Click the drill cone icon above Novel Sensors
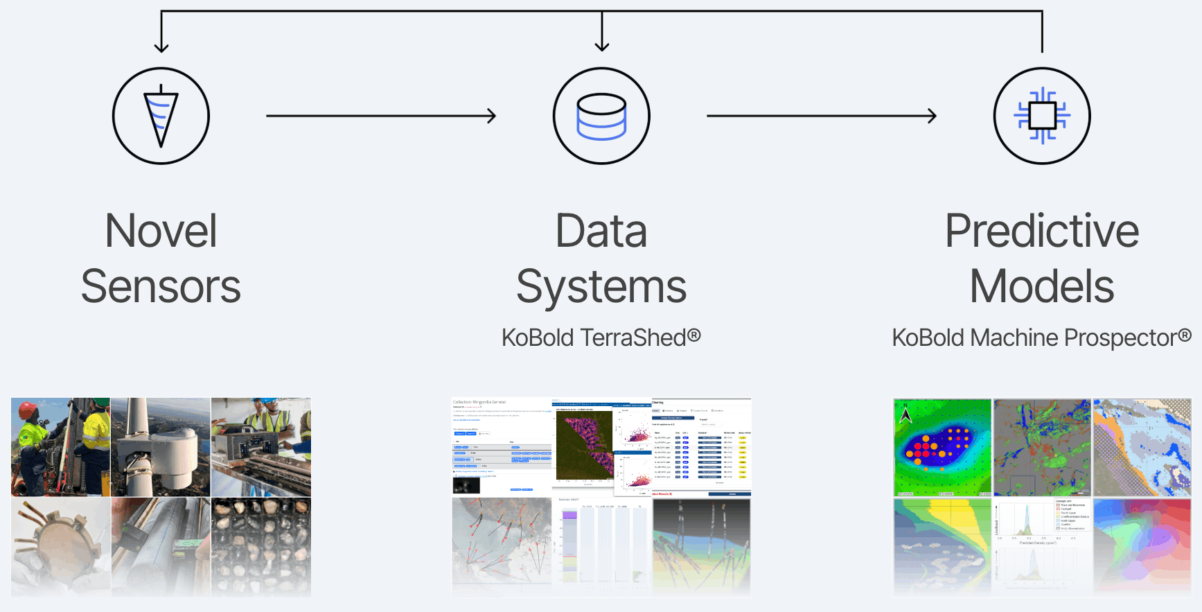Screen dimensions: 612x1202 coord(161,116)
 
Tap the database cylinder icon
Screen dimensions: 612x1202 coord(601,116)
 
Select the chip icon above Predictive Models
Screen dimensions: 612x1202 coord(1042,116)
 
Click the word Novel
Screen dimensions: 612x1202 coord(161,231)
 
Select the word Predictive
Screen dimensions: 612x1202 coord(1042,231)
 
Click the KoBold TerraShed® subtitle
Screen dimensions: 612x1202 coord(601,338)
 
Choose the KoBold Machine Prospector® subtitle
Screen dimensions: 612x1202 coord(1042,338)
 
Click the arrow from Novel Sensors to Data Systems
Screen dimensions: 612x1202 coord(381,116)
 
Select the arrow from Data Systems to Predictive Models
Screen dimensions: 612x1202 coord(822,116)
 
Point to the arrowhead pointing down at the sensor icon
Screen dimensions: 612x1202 coord(161,46)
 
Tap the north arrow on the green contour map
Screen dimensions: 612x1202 coord(905,414)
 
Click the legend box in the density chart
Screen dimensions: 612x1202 coord(1072,514)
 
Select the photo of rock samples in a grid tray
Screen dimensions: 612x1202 coord(261,546)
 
